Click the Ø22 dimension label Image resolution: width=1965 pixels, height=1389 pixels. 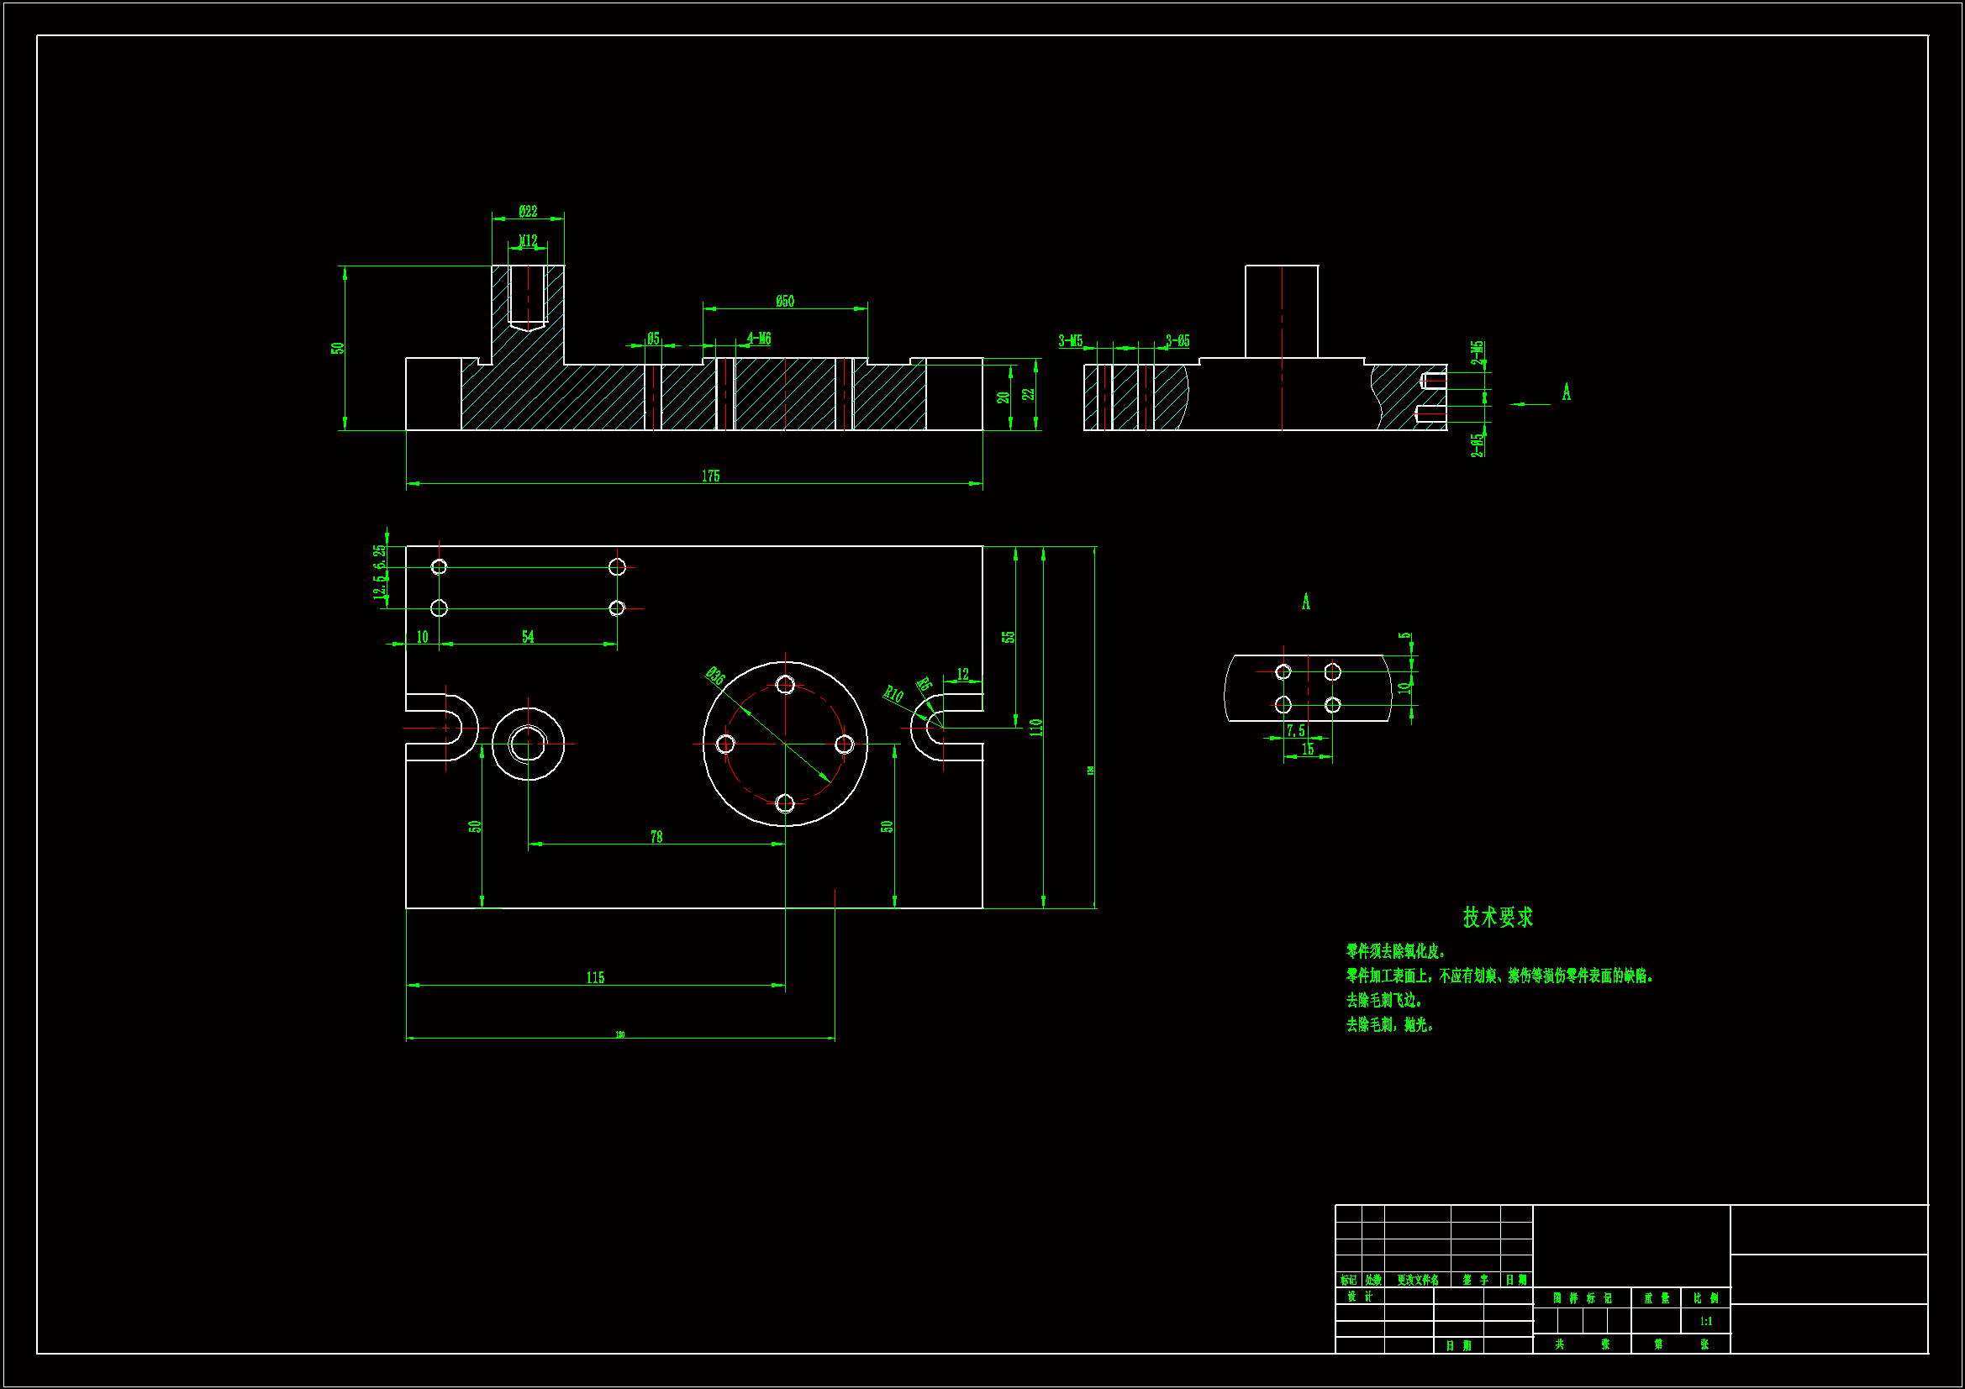coord(528,212)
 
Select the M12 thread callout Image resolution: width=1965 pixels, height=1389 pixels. coord(528,240)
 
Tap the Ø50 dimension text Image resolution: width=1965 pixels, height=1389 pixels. coord(785,302)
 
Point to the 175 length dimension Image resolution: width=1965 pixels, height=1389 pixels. coord(710,476)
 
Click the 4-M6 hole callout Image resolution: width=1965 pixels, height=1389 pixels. coord(758,339)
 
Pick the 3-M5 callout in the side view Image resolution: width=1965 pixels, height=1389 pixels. coord(1070,340)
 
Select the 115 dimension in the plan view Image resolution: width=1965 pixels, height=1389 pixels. coord(595,977)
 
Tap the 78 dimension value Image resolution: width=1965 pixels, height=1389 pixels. coord(656,836)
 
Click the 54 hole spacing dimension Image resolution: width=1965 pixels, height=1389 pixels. coord(528,637)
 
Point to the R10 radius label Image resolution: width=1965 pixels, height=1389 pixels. coord(893,693)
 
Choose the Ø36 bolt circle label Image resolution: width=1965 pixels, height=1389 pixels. coord(714,677)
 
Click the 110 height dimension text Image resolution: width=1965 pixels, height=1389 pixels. coord(1036,728)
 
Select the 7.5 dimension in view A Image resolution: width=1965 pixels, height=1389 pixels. coord(1296,730)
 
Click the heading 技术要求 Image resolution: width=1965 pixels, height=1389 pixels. coord(1498,918)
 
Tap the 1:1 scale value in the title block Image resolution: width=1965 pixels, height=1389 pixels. coord(1705,1322)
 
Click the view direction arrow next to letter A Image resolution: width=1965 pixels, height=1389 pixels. coord(1530,404)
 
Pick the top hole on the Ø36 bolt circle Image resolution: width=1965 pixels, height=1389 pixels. coord(785,684)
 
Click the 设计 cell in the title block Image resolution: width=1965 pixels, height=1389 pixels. coord(1359,1297)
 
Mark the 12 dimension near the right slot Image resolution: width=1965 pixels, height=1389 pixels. coord(963,675)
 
